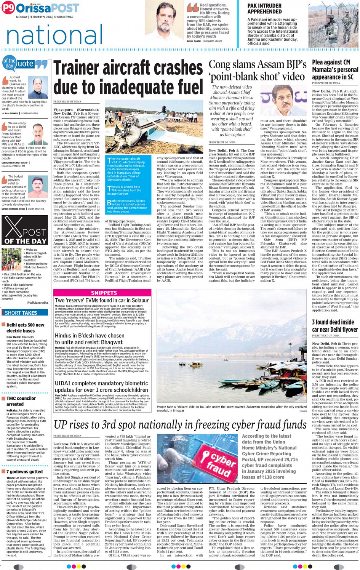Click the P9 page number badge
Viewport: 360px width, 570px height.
(8, 8)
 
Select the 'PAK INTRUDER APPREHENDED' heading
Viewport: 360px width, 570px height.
(264, 8)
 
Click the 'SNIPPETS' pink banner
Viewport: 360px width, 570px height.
(104, 293)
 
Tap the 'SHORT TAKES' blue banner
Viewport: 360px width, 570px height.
(25, 313)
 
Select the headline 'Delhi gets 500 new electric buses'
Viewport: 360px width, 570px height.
(25, 328)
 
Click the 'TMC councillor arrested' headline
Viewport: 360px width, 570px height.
(21, 401)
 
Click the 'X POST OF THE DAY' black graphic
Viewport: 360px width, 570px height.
(25, 230)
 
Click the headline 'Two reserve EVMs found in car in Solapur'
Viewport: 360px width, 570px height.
(101, 301)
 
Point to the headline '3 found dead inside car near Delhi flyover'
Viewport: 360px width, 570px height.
(334, 325)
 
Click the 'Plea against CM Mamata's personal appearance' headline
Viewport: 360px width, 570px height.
(335, 69)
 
